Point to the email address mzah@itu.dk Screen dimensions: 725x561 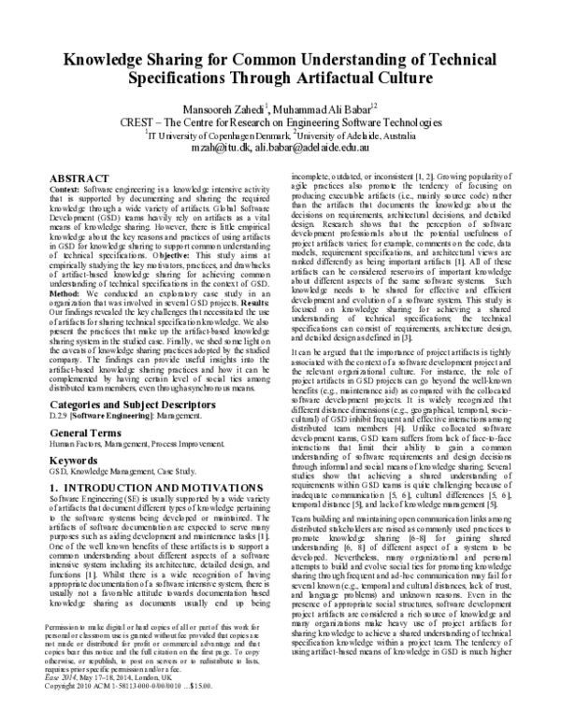pyautogui.click(x=218, y=148)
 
